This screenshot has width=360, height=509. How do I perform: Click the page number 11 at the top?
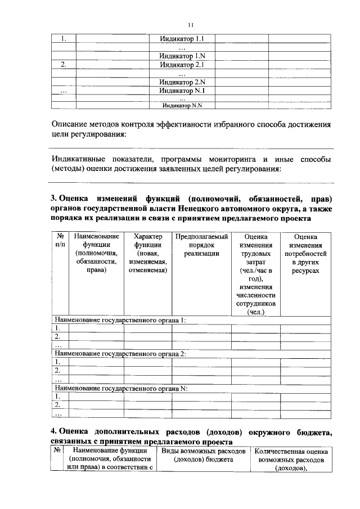coord(190,25)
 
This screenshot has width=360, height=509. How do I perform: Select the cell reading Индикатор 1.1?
coord(181,39)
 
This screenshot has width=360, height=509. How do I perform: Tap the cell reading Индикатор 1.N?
coord(181,56)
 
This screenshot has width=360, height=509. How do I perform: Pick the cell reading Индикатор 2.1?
coord(181,65)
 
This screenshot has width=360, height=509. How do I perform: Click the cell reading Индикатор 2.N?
coord(181,82)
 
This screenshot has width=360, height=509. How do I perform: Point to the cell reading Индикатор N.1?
coord(181,91)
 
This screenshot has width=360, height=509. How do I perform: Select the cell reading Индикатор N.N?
coord(181,105)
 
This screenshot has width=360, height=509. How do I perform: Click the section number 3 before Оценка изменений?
coord(53,198)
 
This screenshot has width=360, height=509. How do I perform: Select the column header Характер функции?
coord(148,253)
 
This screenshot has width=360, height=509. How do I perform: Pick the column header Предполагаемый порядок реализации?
coord(201,245)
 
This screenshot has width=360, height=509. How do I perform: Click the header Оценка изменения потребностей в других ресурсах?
coord(305,253)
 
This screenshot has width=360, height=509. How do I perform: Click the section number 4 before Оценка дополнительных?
coord(53,431)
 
